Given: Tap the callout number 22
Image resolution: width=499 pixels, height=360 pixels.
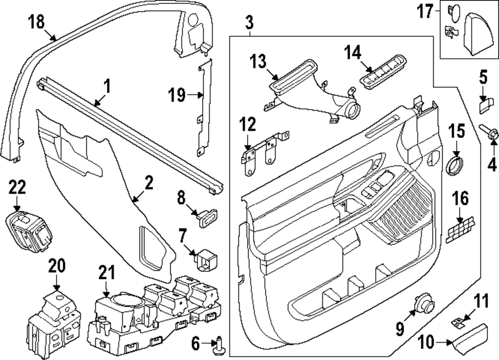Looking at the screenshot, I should coord(16,188).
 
